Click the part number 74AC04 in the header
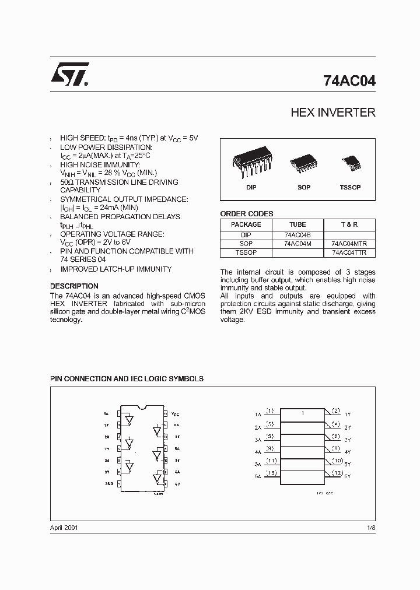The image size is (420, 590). [349, 82]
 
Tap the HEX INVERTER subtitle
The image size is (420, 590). [332, 113]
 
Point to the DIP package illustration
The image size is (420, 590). [251, 163]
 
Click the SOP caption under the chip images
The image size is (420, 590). [303, 187]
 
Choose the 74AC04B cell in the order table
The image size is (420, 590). [297, 235]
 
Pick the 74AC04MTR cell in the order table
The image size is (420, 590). [349, 244]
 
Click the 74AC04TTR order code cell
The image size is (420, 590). [349, 252]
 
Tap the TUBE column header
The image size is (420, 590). [297, 224]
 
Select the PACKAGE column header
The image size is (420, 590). [246, 224]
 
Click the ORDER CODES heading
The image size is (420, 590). [246, 214]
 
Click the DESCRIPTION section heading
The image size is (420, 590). [74, 286]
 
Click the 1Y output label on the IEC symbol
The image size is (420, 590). [348, 414]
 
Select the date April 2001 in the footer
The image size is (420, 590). [64, 528]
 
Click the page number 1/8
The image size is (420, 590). [370, 528]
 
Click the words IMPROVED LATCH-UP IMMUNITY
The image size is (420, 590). [116, 269]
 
